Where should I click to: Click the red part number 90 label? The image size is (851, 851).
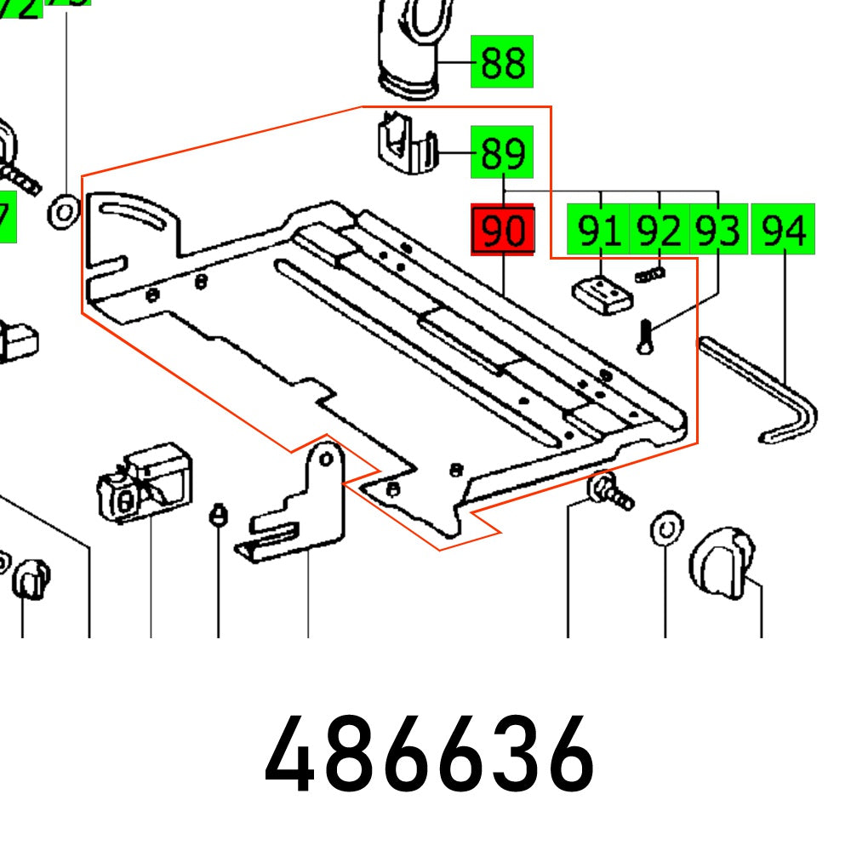(x=502, y=230)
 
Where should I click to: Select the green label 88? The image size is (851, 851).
(x=502, y=62)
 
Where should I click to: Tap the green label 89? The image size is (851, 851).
(x=502, y=153)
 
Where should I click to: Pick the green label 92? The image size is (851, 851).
(x=659, y=230)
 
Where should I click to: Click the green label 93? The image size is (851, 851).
(x=717, y=230)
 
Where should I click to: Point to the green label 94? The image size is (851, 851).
(x=783, y=230)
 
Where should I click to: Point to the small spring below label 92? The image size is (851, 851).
(x=650, y=273)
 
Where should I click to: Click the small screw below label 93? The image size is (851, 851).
(x=644, y=335)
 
